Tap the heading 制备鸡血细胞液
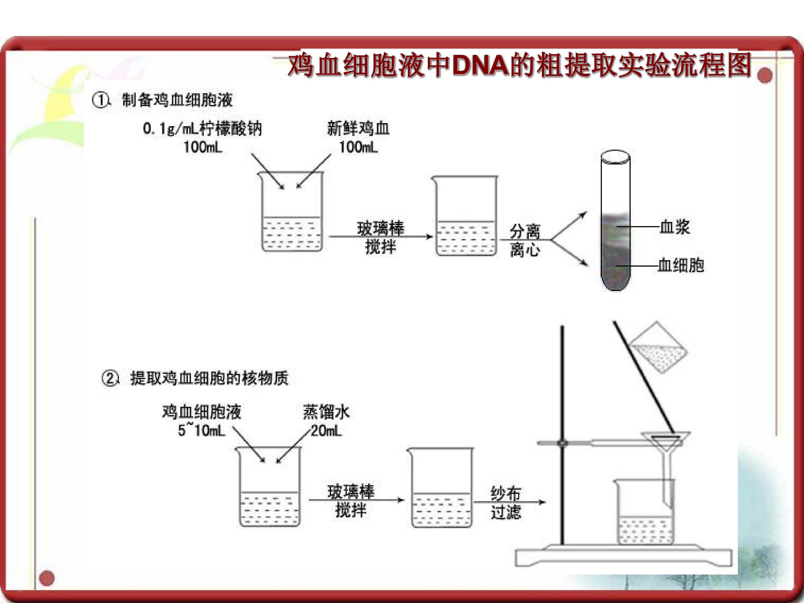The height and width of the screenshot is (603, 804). [177, 100]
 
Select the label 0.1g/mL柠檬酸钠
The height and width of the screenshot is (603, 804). [202, 129]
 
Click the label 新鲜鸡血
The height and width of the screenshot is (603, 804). [358, 129]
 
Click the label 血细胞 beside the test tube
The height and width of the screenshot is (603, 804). [681, 266]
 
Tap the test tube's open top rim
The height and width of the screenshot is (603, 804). [615, 157]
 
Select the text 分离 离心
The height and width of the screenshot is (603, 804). [525, 241]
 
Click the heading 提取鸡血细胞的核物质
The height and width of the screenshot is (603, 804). [209, 378]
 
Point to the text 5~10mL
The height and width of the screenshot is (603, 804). [201, 431]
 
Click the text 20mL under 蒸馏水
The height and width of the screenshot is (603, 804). [326, 431]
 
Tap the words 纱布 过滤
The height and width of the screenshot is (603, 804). [506, 503]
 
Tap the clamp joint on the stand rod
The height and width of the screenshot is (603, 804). [562, 443]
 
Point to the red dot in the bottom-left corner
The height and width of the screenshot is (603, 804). [47, 578]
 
